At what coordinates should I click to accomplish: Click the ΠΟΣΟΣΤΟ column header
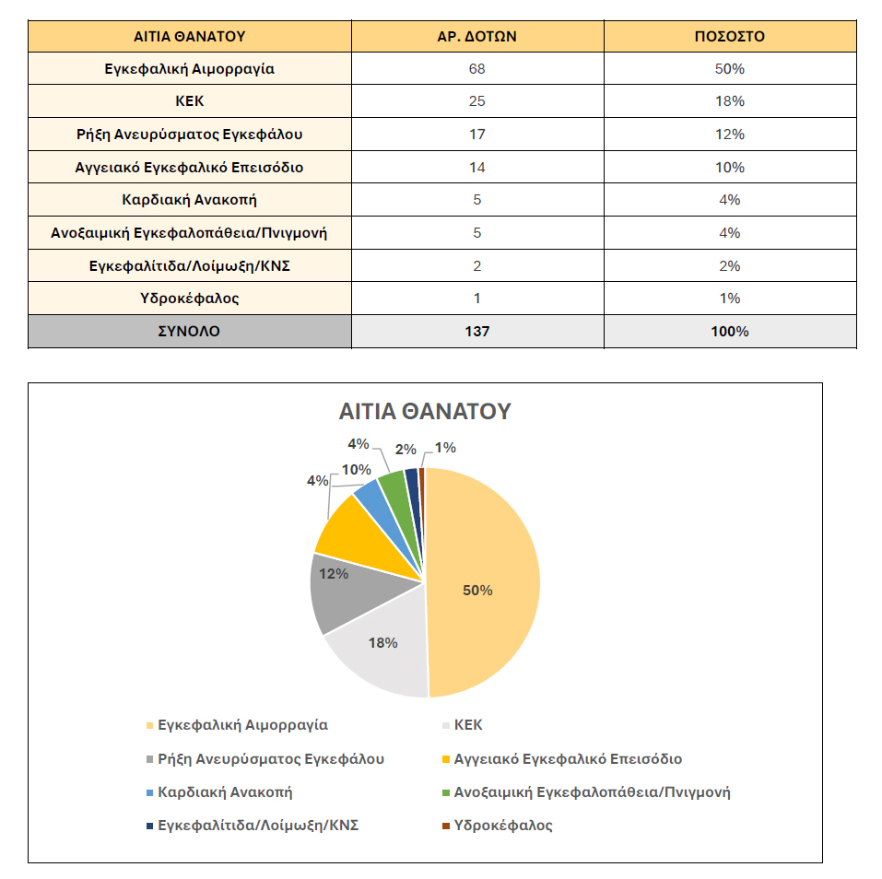coord(730,37)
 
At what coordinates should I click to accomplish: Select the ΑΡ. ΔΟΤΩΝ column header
coord(477,37)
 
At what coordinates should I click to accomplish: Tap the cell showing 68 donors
coord(477,68)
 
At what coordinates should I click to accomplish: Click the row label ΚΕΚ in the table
coord(190,101)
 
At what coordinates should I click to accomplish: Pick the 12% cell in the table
coord(730,135)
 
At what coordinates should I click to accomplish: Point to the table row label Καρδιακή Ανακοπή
coord(190,200)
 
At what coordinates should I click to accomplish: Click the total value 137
coord(477,332)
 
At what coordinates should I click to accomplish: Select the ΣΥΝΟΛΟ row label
coord(189,332)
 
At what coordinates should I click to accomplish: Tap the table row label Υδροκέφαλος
coord(190,298)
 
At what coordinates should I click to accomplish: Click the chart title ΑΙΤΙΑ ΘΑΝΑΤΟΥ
coord(425,411)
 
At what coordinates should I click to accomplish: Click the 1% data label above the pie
coord(445,448)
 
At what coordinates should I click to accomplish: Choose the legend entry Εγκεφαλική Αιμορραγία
coord(237,725)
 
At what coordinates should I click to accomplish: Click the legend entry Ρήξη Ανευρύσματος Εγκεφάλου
coord(265,758)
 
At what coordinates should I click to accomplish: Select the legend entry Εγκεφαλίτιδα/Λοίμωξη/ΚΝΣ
coord(253,826)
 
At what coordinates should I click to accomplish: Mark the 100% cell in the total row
coord(730,332)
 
